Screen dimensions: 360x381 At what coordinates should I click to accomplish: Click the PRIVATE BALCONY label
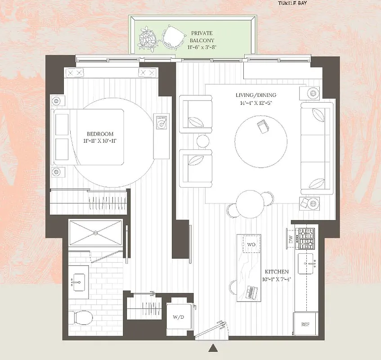coord(202,36)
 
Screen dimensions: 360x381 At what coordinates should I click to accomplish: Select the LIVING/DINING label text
coord(255,95)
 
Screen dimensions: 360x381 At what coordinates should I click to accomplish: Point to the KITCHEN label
coord(277,272)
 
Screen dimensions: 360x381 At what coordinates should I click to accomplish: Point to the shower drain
coord(95,233)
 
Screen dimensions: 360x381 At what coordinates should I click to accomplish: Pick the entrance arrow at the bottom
coord(213,347)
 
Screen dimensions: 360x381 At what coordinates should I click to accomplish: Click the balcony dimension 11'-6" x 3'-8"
coord(202,47)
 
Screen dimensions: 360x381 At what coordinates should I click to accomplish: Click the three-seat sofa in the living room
coord(317,148)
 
